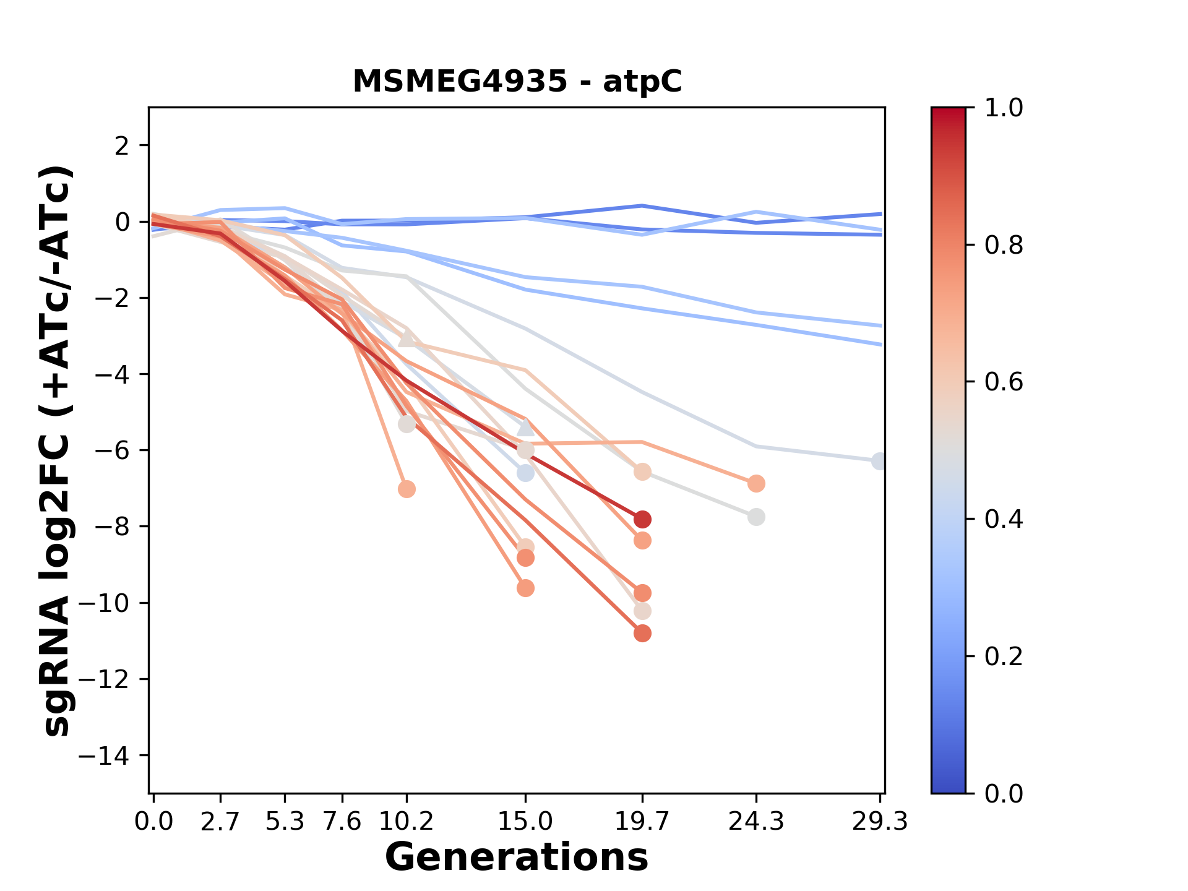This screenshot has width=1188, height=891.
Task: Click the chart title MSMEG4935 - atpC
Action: tap(517, 81)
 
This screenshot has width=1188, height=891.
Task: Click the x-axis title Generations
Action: tap(517, 858)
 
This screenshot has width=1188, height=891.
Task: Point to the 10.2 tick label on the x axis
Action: tap(407, 822)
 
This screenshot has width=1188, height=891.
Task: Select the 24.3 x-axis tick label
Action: tap(755, 822)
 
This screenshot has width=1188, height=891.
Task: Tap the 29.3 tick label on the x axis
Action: tap(879, 822)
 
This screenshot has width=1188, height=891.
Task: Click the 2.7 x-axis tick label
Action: tap(220, 822)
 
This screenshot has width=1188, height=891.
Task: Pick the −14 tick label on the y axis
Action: tap(111, 755)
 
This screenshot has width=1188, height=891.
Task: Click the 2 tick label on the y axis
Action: tap(123, 145)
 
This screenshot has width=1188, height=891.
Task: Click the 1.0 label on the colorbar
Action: tap(1004, 108)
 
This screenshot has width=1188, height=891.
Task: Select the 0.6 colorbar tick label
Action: tap(1004, 382)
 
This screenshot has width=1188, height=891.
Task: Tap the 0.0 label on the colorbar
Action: tap(1004, 793)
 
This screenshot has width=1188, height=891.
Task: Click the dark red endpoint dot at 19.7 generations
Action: tap(642, 519)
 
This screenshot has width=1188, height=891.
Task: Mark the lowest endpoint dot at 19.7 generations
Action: tap(642, 633)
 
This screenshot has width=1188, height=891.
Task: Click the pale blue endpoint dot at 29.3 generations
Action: tap(879, 461)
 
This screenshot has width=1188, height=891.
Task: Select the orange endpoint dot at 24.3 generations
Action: tap(755, 483)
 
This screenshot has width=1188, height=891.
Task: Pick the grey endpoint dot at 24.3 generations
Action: tap(755, 517)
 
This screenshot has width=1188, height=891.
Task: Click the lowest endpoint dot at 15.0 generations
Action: tap(525, 588)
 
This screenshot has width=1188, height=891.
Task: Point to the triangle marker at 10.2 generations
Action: tap(407, 338)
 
